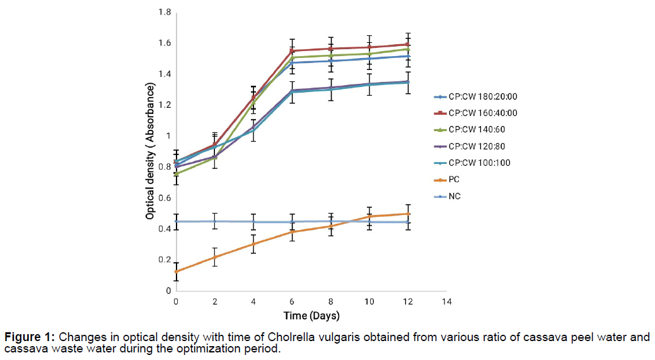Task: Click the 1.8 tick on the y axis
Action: tap(163, 12)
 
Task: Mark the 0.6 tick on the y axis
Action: tap(163, 198)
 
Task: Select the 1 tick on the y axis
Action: tap(168, 136)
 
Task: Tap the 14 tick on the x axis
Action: tap(447, 302)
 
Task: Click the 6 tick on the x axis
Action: tap(293, 302)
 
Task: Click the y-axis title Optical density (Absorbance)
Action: tap(151, 151)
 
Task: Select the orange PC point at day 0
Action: tap(176, 271)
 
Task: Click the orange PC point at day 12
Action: tap(409, 214)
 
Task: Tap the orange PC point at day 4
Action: tap(253, 244)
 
